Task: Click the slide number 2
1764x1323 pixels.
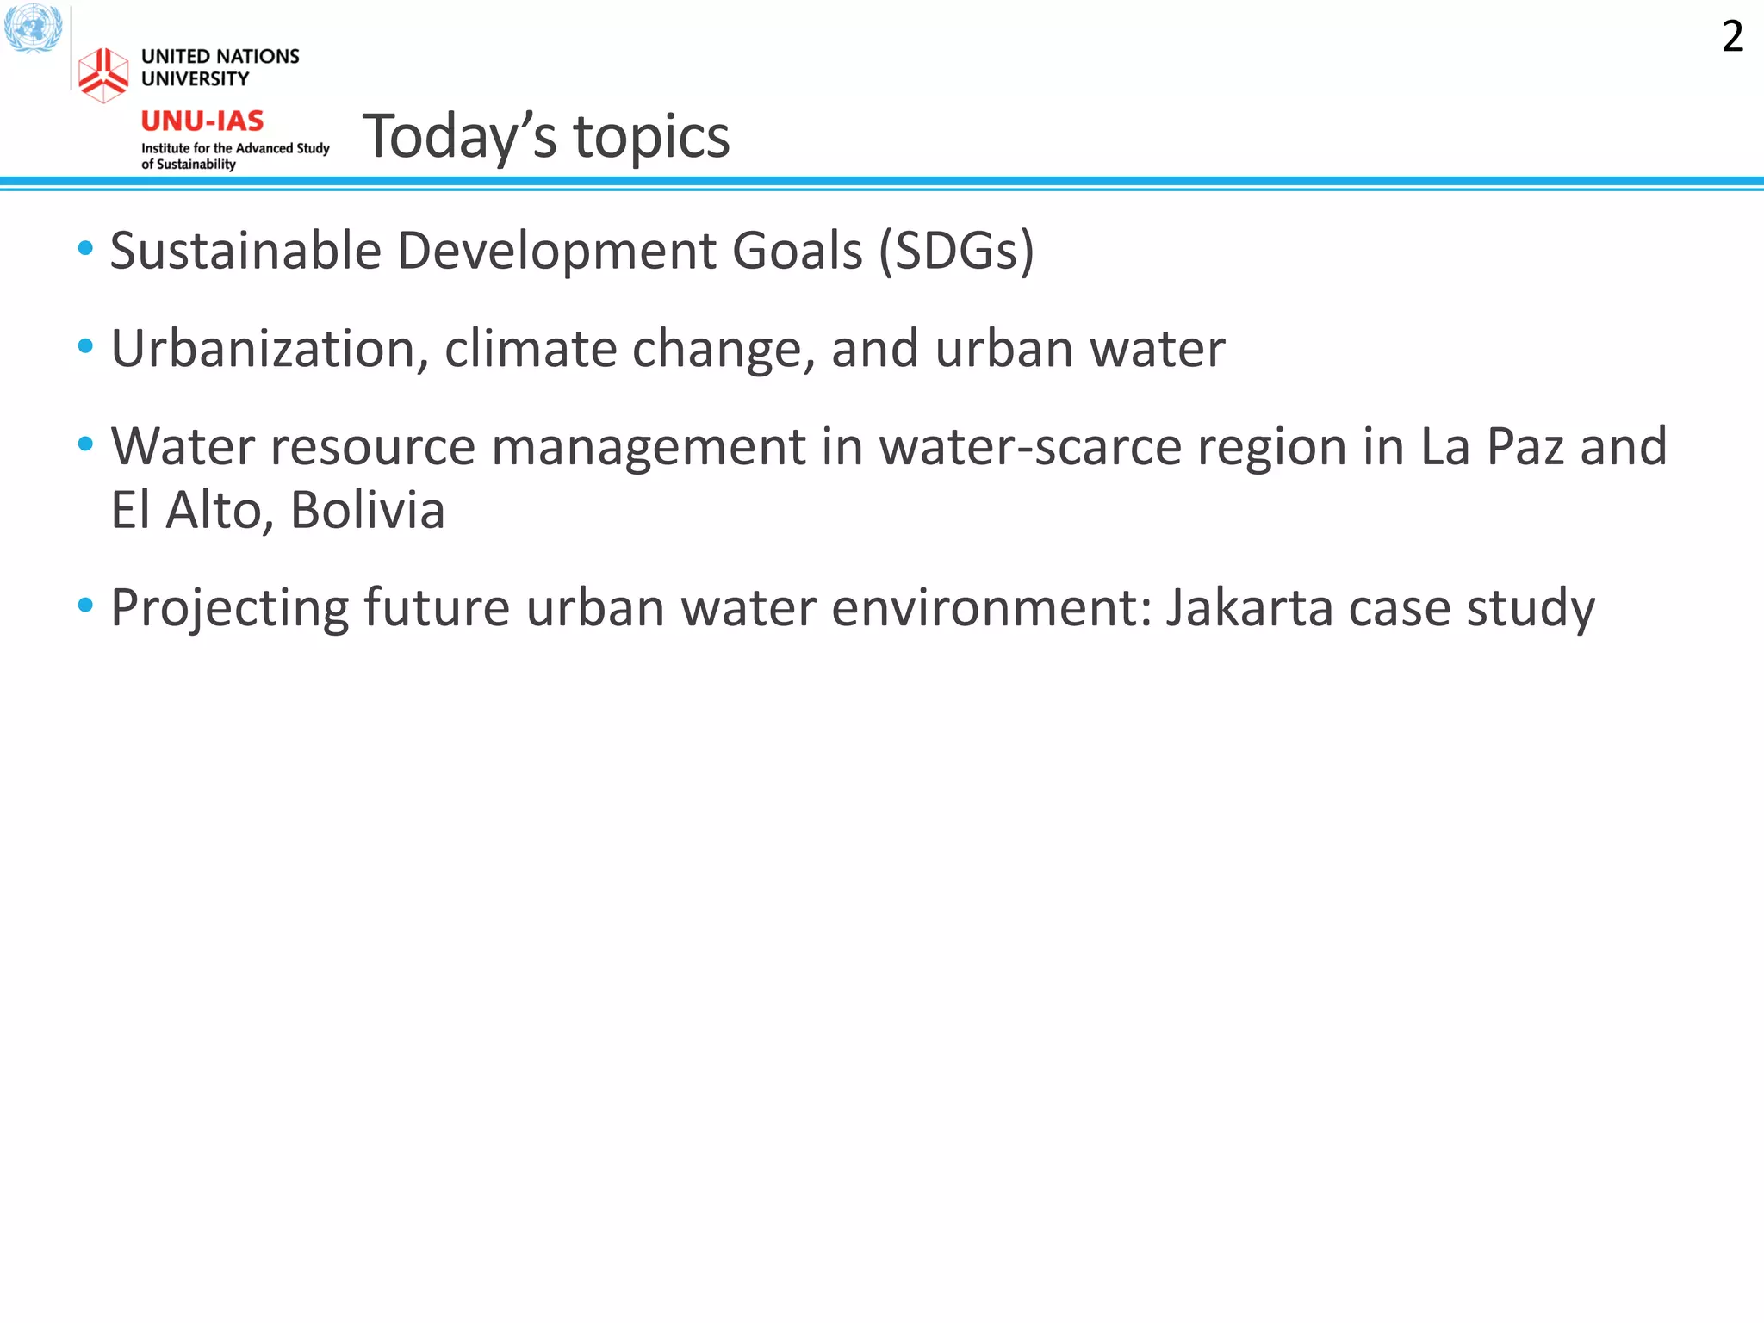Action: pos(1732,37)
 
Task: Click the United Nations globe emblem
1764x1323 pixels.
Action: pos(33,28)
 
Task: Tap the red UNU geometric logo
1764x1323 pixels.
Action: pos(103,75)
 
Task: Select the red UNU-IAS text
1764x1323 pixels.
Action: pos(202,121)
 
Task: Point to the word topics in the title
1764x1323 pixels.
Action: pos(651,137)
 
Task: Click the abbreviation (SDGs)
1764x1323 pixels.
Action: pos(956,251)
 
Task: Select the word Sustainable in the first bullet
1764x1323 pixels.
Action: pos(245,251)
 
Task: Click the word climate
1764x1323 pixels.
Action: pos(530,349)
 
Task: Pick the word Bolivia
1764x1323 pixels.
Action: pos(368,510)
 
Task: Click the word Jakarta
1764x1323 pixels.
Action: pos(1249,608)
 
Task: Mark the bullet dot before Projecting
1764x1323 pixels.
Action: pos(85,606)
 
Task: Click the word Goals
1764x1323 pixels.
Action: pos(797,251)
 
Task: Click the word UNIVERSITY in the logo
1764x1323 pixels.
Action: pos(195,79)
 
